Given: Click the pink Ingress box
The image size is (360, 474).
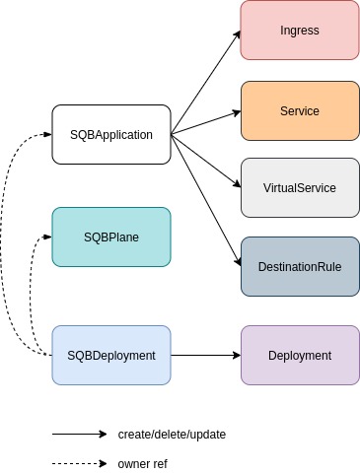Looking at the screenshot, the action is [x=300, y=31].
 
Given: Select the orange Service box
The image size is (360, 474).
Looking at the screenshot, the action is [x=300, y=111].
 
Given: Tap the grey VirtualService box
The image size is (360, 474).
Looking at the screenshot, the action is [x=300, y=188].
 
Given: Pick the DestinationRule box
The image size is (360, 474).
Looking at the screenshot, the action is [x=300, y=267].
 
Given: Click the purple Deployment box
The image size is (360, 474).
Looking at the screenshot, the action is [x=300, y=356].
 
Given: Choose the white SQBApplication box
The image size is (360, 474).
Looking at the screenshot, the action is [x=111, y=135].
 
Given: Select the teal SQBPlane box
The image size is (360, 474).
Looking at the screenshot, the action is [x=111, y=237].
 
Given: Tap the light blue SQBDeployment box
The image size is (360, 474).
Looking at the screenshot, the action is [x=111, y=356].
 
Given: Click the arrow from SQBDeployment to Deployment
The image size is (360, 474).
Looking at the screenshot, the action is [x=206, y=356].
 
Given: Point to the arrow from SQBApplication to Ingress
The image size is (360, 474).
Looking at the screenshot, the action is [x=206, y=83].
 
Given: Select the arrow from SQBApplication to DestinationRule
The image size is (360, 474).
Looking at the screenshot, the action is [x=206, y=200].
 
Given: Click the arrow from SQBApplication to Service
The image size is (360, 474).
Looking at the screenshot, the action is [x=206, y=123].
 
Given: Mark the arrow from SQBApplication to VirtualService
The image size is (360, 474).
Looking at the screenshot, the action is [x=206, y=161].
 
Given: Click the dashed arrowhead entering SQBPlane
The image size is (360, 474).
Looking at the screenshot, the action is [x=48, y=237].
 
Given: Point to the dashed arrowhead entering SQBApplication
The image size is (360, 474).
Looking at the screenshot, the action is [x=48, y=134].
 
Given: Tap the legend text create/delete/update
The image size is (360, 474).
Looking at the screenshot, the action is [x=172, y=435].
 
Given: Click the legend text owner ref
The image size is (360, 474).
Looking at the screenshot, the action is [x=143, y=464].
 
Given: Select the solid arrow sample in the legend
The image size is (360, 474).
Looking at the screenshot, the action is [x=80, y=435].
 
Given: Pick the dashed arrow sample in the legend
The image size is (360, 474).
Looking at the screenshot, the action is [x=80, y=464].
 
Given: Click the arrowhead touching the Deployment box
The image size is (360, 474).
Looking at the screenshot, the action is [x=237, y=356].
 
